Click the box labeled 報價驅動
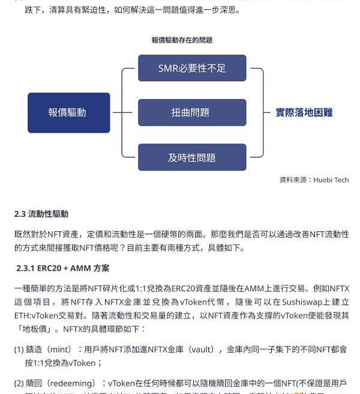(68, 112)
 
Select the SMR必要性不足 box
(192, 68)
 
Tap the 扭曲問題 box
(192, 112)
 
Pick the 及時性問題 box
(192, 157)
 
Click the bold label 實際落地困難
(304, 112)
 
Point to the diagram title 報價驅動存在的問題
(182, 40)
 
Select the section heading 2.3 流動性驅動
(41, 214)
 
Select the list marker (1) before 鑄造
(19, 350)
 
